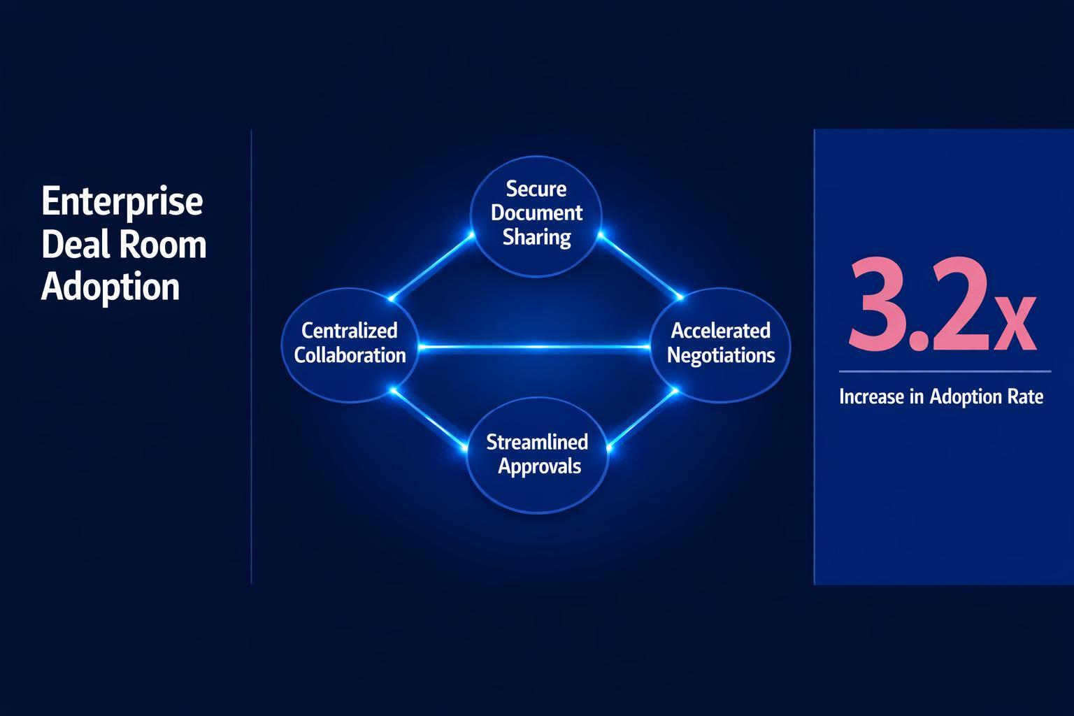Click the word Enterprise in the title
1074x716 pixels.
122,203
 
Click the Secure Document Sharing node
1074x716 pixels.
536,213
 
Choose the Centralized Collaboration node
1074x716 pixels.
350,343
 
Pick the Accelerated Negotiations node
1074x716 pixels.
721,343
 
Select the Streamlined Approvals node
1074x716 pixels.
537,454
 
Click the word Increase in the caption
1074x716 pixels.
871,397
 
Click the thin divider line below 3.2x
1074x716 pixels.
944,371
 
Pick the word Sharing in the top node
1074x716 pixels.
536,238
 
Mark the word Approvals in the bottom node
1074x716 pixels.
539,466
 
